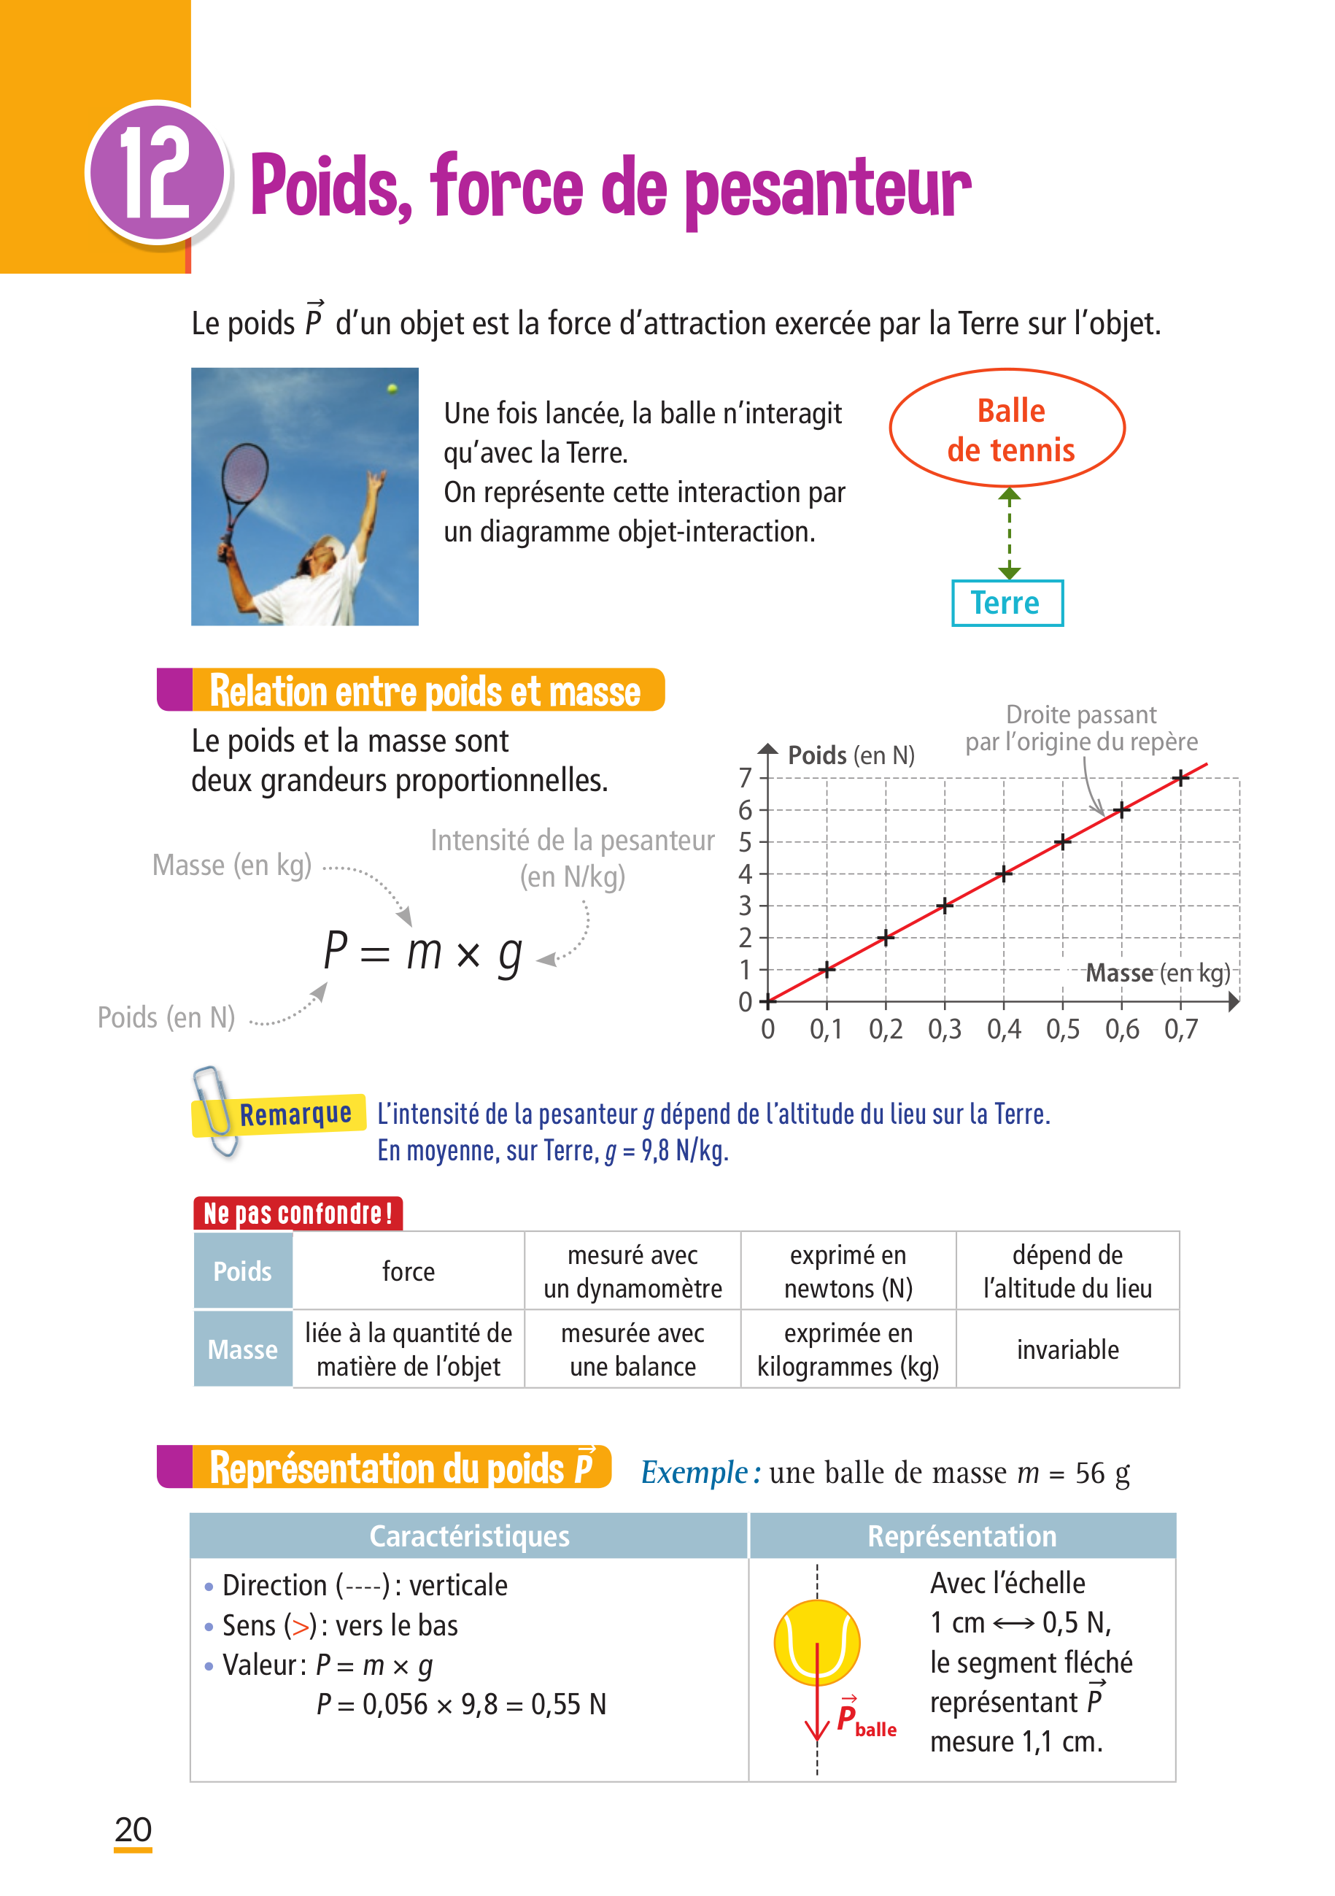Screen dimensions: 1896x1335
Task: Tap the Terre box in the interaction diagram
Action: click(x=1007, y=603)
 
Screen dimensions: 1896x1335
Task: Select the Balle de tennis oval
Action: click(x=1007, y=428)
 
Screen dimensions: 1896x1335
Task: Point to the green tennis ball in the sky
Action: click(x=392, y=388)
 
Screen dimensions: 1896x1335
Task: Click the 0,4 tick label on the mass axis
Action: click(x=1003, y=1030)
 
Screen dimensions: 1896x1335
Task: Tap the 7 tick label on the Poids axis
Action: click(x=745, y=778)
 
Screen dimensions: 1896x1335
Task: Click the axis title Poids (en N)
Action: click(x=851, y=755)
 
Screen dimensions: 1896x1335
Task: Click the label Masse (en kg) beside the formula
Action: click(x=232, y=866)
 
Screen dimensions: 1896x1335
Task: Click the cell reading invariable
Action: click(x=1067, y=1349)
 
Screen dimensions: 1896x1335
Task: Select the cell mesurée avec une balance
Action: click(x=632, y=1349)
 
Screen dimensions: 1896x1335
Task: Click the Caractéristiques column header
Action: click(x=469, y=1536)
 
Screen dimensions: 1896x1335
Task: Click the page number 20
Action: click(x=133, y=1829)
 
